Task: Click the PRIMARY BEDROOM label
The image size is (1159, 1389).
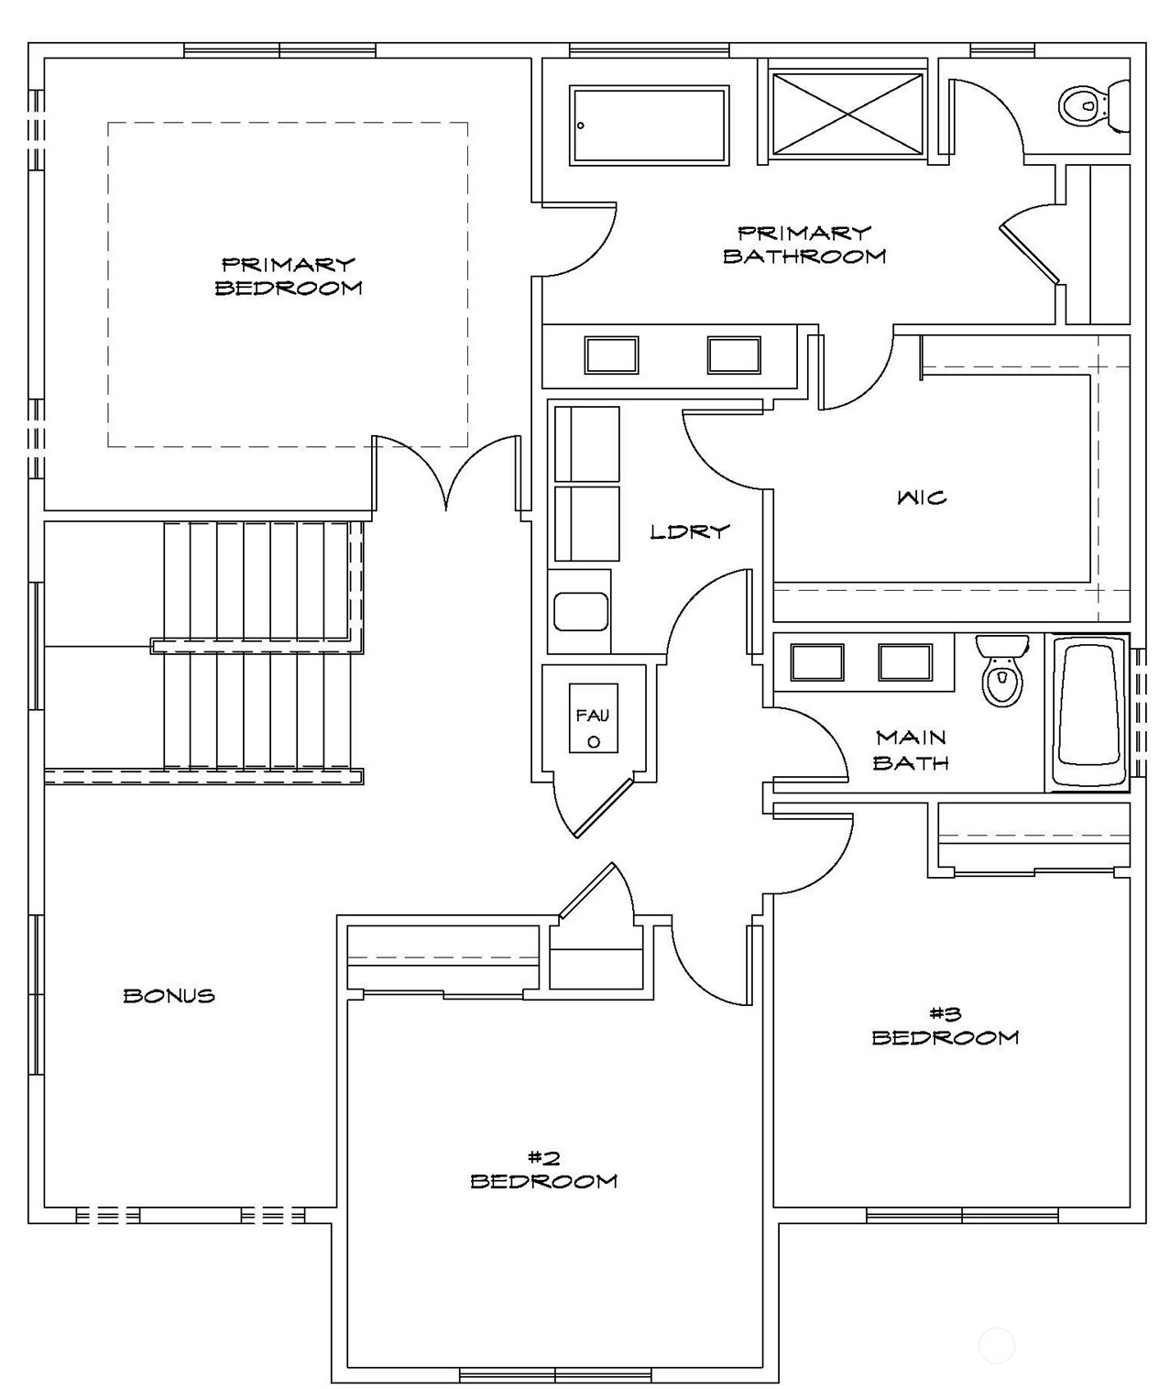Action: (x=288, y=276)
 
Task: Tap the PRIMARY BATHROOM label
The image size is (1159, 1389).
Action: (x=804, y=245)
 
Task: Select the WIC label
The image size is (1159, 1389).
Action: (x=922, y=498)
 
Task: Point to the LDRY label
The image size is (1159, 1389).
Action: (x=690, y=531)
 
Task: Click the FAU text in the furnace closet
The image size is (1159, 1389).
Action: (x=592, y=716)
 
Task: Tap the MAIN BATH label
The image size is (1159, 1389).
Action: (x=911, y=749)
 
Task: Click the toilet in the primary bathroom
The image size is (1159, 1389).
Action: (x=1093, y=105)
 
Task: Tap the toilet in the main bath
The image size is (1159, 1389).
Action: (x=1002, y=671)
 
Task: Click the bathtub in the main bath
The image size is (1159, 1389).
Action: (x=1088, y=713)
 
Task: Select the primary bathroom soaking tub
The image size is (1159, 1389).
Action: (x=650, y=125)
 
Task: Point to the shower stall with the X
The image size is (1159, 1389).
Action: (x=847, y=115)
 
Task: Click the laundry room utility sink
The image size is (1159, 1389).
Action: (x=581, y=612)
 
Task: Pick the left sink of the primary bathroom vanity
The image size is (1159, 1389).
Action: (x=611, y=355)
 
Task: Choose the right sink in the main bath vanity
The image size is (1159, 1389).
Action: (x=905, y=662)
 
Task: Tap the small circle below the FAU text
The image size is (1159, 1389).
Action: (x=594, y=742)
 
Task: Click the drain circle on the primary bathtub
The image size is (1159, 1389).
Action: (x=581, y=125)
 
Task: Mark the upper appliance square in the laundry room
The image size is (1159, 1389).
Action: (x=586, y=443)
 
